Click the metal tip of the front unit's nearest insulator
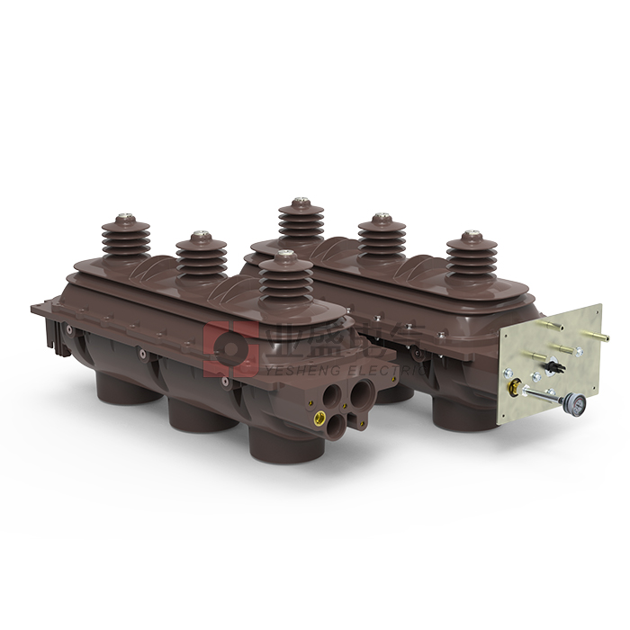click(x=286, y=256)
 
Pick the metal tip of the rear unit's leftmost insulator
click(x=300, y=202)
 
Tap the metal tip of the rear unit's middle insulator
click(x=382, y=218)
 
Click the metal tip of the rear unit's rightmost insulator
click(x=471, y=236)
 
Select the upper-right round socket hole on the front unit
click(x=363, y=392)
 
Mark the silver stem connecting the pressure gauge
click(x=543, y=397)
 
